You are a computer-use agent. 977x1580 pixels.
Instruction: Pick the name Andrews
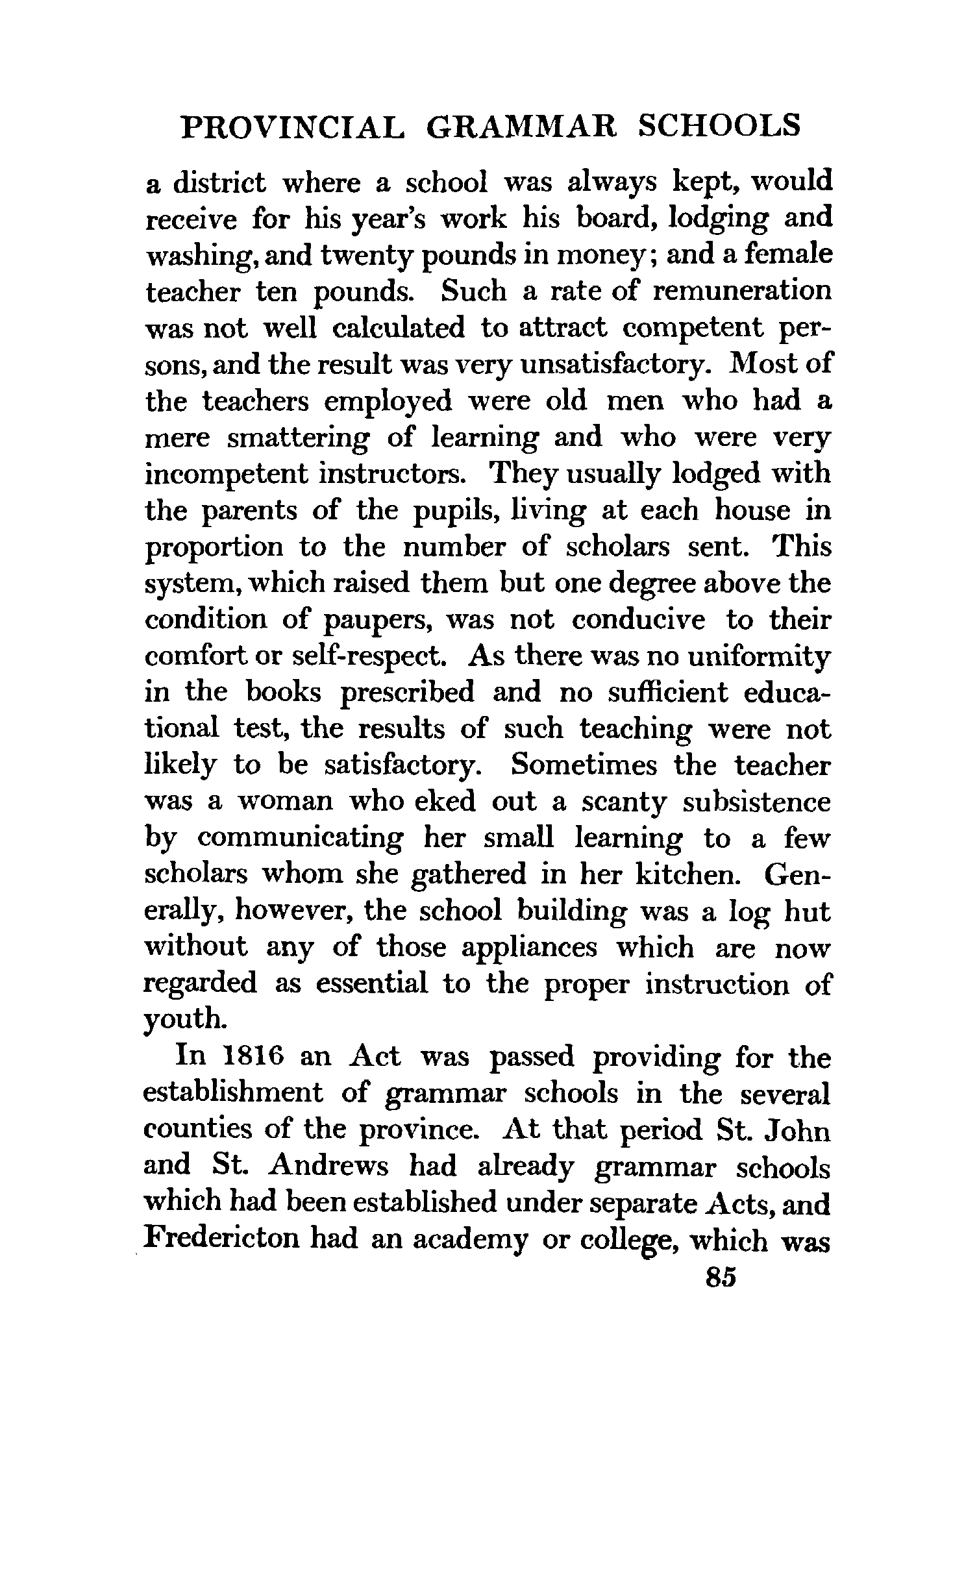tap(328, 1166)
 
